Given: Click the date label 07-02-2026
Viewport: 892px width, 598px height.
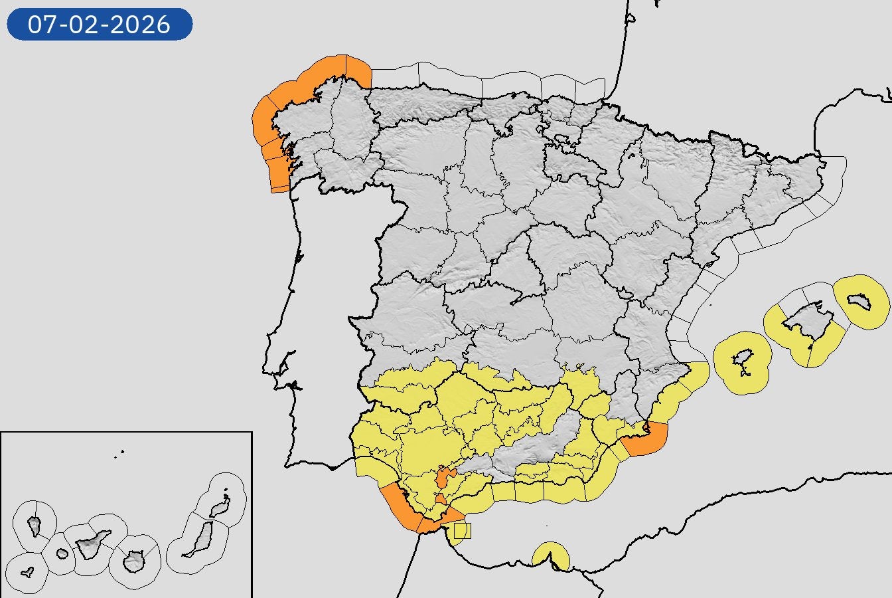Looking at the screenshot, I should [x=100, y=25].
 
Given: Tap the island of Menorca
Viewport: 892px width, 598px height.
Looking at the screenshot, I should [x=859, y=302].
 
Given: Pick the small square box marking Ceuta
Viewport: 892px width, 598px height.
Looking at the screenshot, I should [x=463, y=530].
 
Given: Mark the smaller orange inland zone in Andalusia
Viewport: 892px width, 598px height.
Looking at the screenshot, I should [x=441, y=500].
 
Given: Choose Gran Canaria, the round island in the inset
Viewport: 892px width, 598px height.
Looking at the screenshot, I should [x=135, y=561].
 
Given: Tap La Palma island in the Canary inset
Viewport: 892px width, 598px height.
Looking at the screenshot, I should [x=35, y=526].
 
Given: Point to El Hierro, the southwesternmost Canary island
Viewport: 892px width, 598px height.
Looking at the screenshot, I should [x=27, y=572].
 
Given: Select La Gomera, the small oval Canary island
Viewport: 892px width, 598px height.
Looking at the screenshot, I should [x=62, y=553].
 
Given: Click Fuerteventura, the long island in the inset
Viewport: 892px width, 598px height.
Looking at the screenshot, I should [x=199, y=539].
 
